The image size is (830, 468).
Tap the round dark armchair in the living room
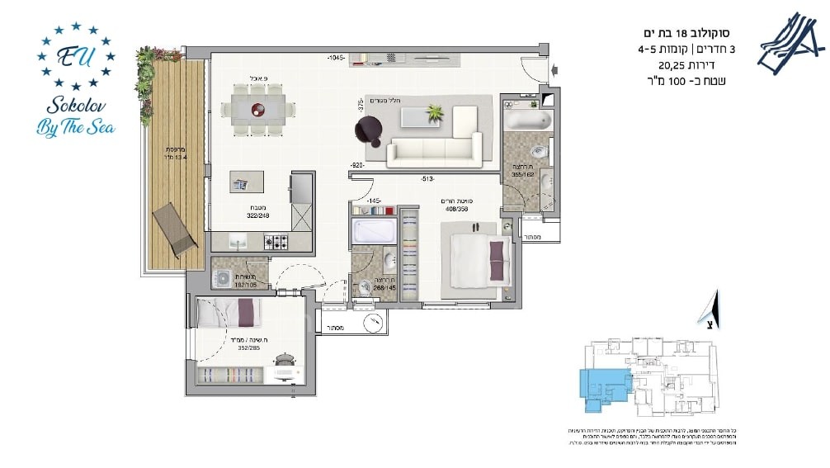coord(368,128)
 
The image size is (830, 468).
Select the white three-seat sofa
coord(435,150)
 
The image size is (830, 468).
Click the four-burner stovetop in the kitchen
coord(276,242)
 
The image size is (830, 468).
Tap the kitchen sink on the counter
coord(237,242)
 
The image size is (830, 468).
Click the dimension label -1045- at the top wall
coord(336,58)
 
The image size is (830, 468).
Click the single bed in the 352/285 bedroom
coord(229,314)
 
